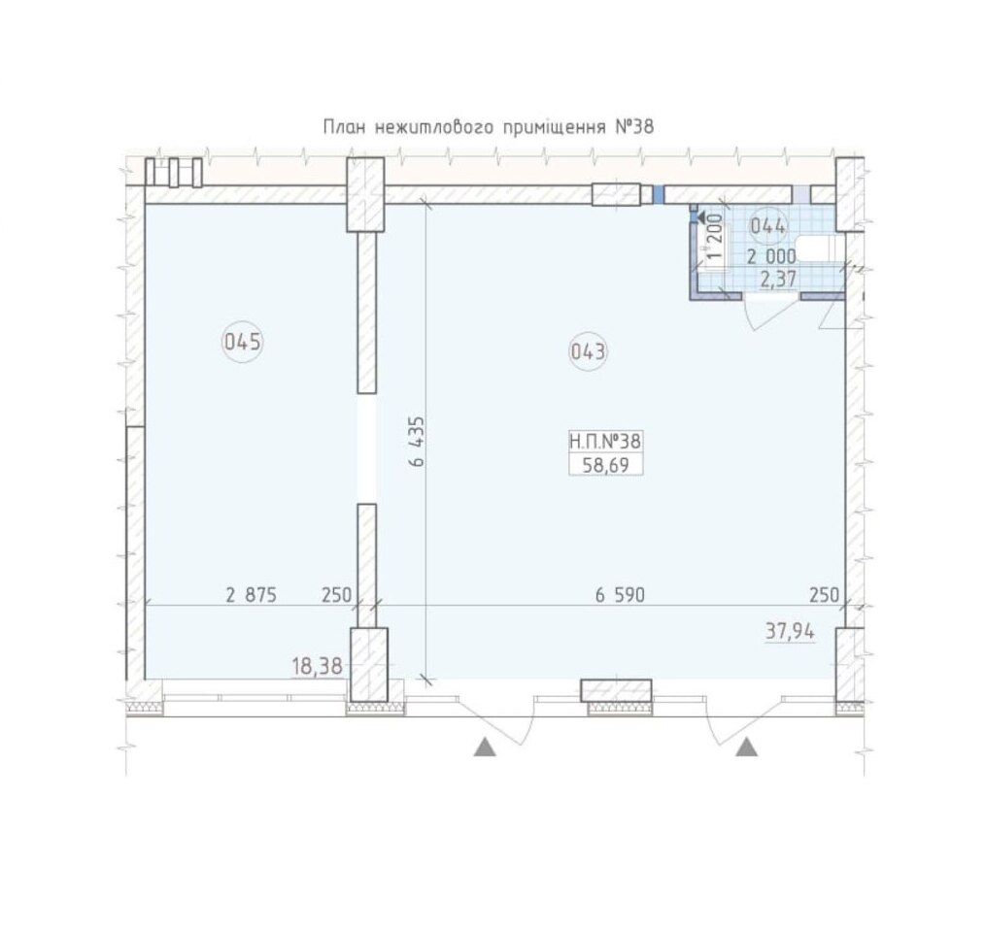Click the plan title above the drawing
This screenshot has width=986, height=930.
click(489, 127)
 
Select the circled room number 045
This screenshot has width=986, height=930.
click(243, 343)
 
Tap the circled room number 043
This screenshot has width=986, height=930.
click(589, 351)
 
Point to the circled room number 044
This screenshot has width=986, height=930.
click(768, 225)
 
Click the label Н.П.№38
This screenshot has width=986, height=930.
click(605, 441)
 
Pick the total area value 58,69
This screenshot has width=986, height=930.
click(605, 465)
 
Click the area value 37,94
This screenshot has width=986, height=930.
click(790, 632)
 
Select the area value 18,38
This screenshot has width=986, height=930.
click(317, 666)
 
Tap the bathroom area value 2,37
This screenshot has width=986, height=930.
click(778, 279)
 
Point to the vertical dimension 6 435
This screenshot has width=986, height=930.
click(417, 441)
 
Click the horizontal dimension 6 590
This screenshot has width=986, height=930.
click(620, 594)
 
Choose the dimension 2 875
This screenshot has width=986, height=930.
click(251, 594)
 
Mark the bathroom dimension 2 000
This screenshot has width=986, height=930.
click(771, 256)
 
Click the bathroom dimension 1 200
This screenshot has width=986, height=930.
click(715, 237)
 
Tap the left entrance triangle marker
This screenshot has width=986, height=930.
click(484, 747)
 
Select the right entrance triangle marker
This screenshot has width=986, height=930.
click(746, 747)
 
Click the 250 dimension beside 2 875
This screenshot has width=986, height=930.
click(336, 594)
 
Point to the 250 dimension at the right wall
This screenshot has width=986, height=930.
click(825, 594)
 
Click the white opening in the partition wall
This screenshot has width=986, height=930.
click(367, 448)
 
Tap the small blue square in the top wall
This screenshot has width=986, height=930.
click(658, 195)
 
